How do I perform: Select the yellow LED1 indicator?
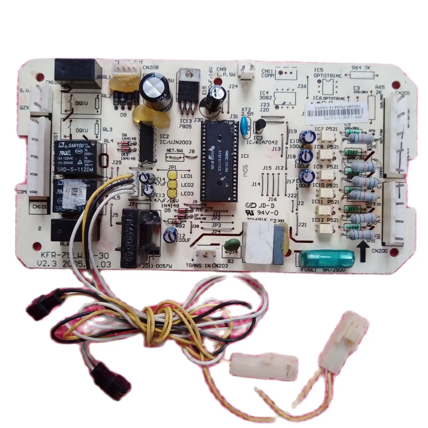point(172,176)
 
